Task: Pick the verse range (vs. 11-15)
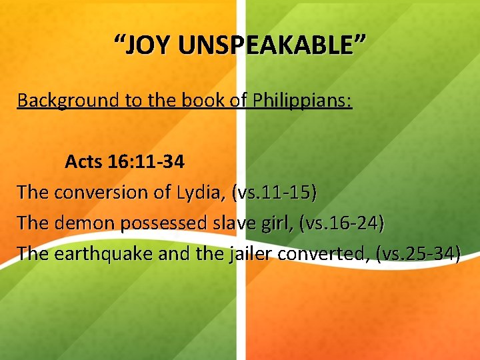coord(275,193)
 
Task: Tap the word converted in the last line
coord(323,254)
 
